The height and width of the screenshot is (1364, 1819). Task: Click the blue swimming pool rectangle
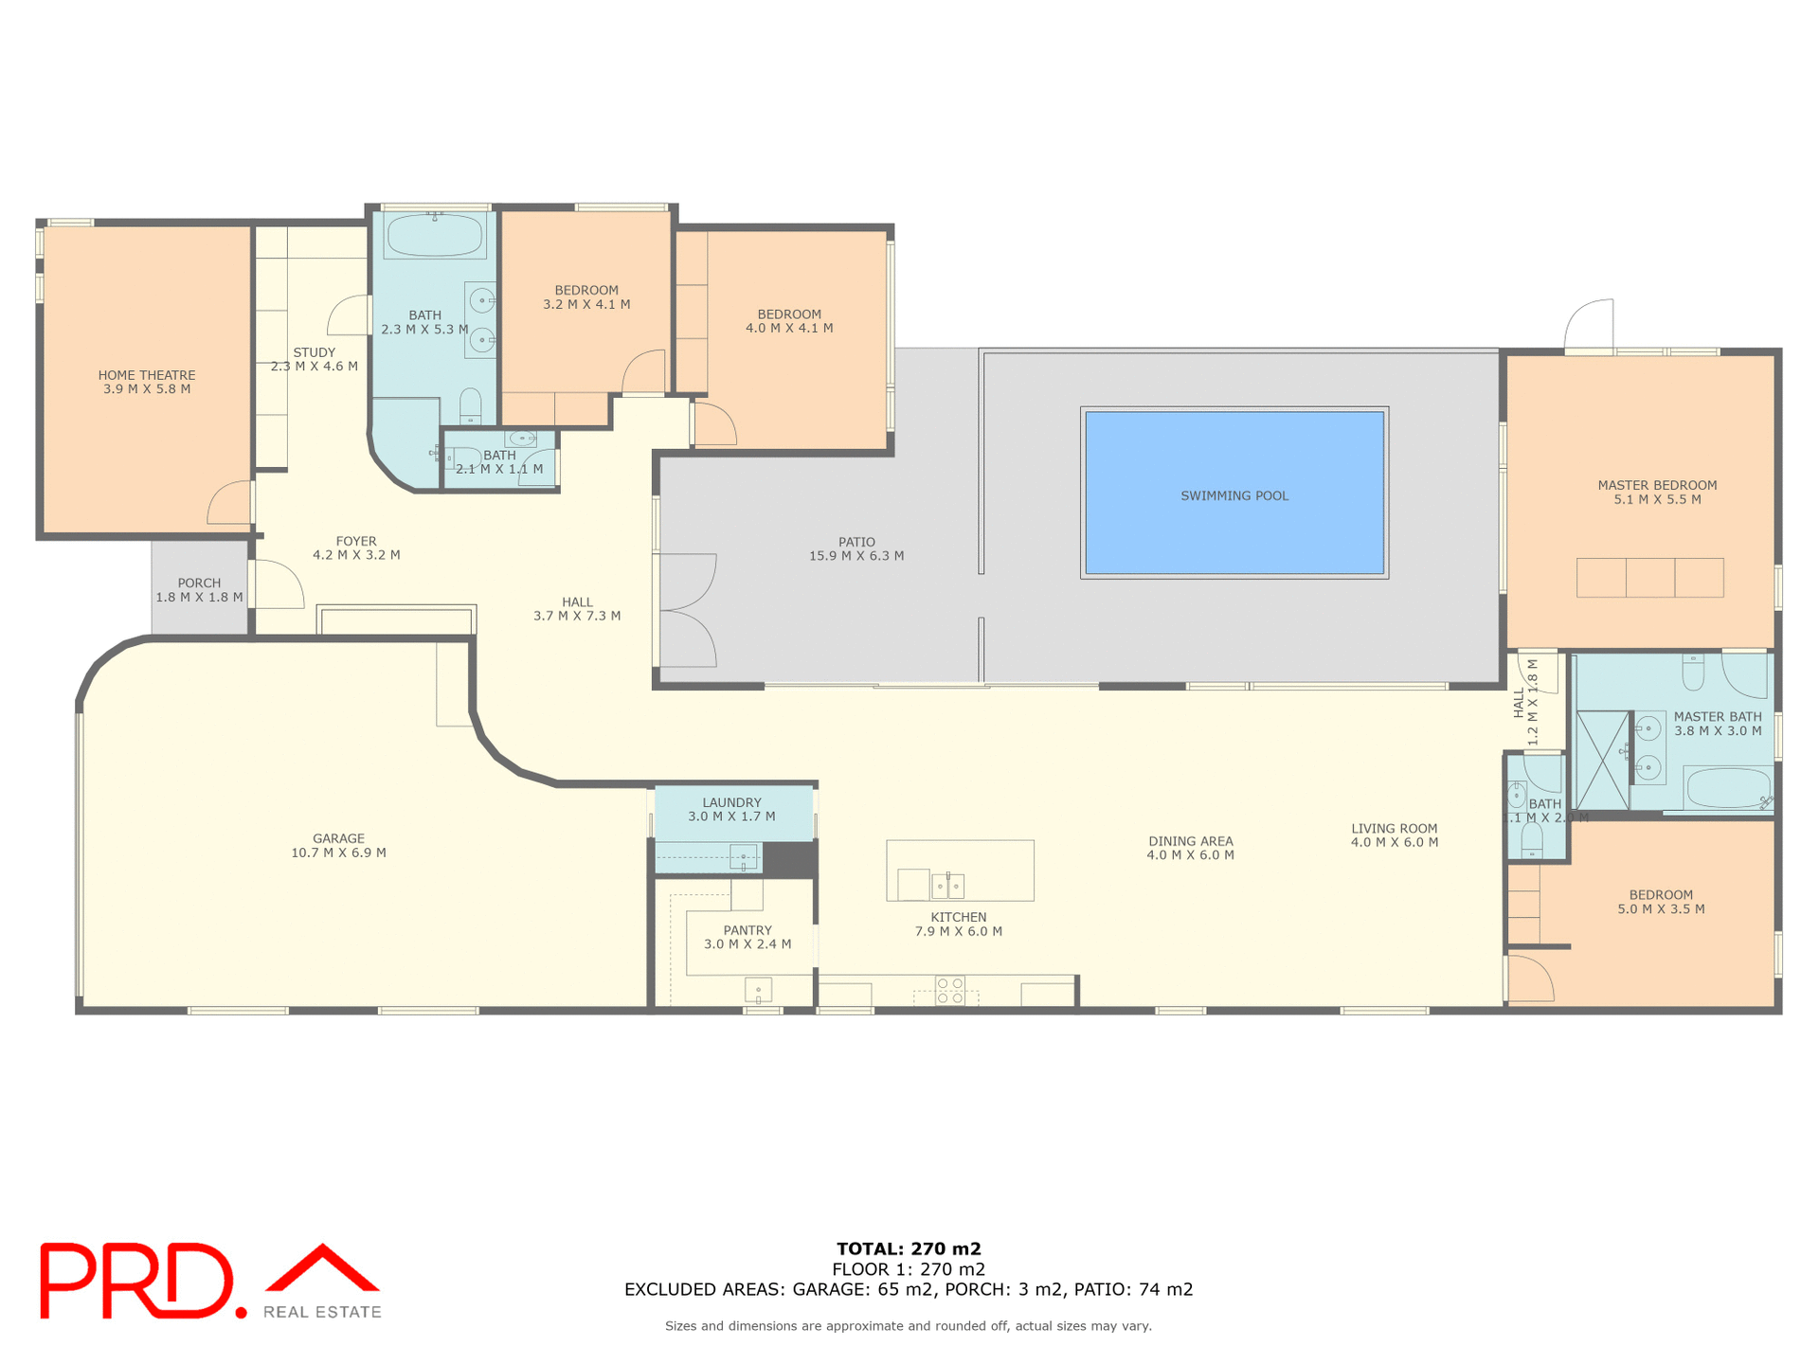click(1234, 493)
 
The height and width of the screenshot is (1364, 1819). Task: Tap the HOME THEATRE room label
click(147, 375)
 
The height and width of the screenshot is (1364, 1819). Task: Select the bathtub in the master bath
click(1727, 788)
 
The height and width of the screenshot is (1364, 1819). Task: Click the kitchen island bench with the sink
click(960, 870)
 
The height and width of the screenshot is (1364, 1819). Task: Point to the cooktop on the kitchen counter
click(949, 991)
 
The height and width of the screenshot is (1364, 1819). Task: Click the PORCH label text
click(199, 583)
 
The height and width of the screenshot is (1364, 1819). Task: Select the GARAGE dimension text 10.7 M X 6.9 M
click(338, 852)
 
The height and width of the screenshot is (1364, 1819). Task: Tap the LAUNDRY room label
click(731, 802)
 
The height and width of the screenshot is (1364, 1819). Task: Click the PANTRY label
click(747, 930)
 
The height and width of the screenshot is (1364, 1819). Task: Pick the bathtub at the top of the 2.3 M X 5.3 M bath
click(434, 235)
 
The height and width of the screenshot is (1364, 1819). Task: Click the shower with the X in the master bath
click(1601, 760)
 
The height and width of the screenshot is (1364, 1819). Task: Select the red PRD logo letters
click(137, 1281)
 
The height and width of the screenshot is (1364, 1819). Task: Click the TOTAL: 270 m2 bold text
click(909, 1248)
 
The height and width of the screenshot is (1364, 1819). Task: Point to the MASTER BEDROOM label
click(1657, 485)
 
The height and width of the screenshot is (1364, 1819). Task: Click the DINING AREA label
click(1190, 841)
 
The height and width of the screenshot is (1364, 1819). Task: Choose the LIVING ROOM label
click(1394, 829)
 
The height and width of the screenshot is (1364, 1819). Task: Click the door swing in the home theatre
click(230, 503)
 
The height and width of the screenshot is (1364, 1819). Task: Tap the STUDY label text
click(314, 352)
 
